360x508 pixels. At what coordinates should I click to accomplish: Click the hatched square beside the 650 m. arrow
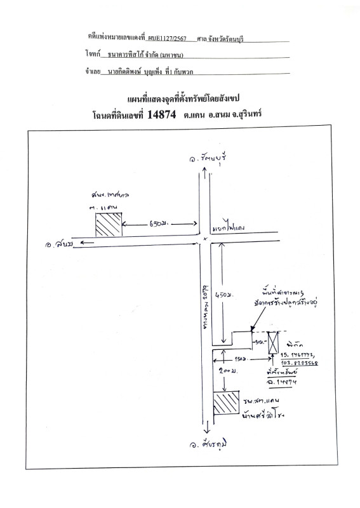coord(108,225)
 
